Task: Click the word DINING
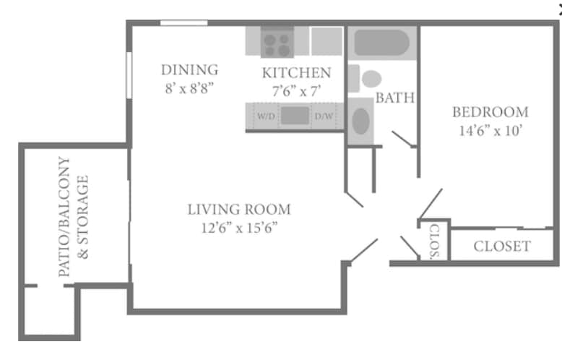189,70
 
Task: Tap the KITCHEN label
296,73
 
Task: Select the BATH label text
395,98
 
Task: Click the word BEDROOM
490,112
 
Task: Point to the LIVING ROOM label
238,210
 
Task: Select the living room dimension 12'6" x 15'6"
238,228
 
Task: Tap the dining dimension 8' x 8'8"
189,89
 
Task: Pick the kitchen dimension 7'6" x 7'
296,91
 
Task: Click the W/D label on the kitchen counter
265,116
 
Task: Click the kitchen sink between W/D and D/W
294,116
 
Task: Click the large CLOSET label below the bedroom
501,247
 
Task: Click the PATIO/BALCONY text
65,217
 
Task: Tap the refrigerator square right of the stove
327,40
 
